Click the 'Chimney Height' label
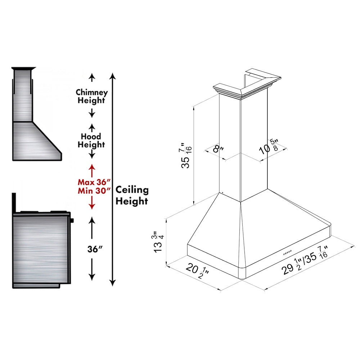point(92,96)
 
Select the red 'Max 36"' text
point(92,182)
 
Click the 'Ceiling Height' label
point(131,195)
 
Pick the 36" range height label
point(92,249)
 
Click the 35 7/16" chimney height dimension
point(186,156)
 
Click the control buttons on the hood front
point(288,253)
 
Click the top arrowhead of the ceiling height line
point(113,76)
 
